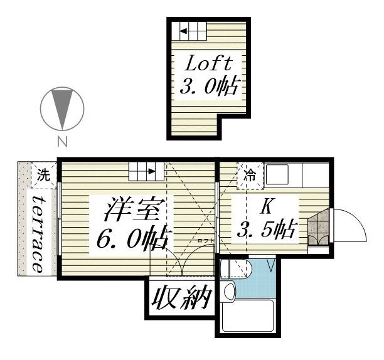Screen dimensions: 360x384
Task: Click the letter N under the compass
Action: (62, 141)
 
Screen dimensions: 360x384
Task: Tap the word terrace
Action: (37, 233)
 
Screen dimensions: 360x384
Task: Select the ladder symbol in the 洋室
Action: (146, 169)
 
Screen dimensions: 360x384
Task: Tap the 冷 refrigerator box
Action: (250, 176)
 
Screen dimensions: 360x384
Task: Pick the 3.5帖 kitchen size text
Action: (265, 230)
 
